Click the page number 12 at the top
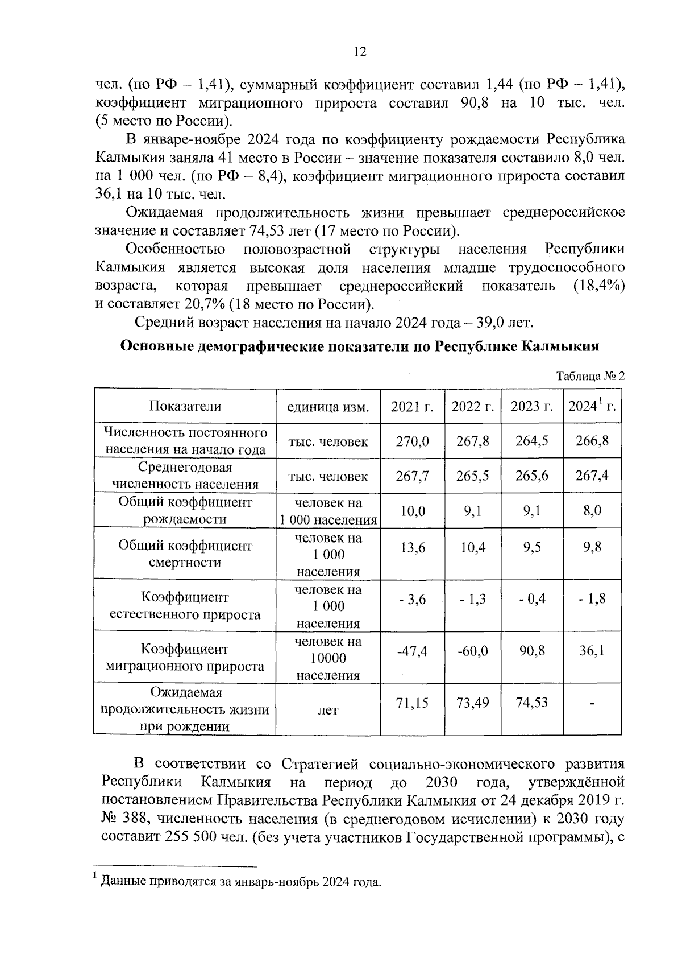pyautogui.click(x=360, y=52)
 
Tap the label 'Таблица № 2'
pyautogui.click(x=590, y=376)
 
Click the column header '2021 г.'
pyautogui.click(x=412, y=406)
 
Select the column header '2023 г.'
pyautogui.click(x=531, y=406)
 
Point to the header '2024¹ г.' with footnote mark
pyautogui.click(x=592, y=406)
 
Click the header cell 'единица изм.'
pyautogui.click(x=328, y=407)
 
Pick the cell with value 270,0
pyautogui.click(x=412, y=441)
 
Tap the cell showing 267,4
pyautogui.click(x=592, y=476)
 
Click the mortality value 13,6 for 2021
pyautogui.click(x=412, y=547)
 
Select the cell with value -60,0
pyautogui.click(x=472, y=651)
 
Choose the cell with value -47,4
pyautogui.click(x=412, y=651)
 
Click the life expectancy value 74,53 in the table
pyautogui.click(x=531, y=703)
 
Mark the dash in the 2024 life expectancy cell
pyautogui.click(x=592, y=704)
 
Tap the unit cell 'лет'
pyautogui.click(x=328, y=710)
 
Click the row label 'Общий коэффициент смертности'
pyautogui.click(x=185, y=554)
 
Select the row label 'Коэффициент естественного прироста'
pyautogui.click(x=185, y=606)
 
